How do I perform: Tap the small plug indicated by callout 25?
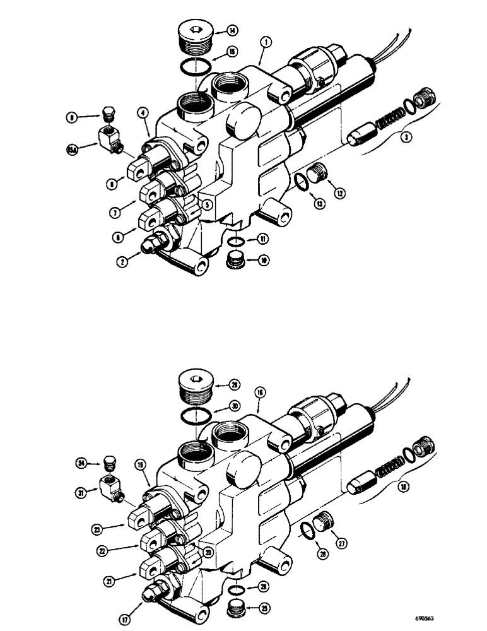[236, 609]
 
